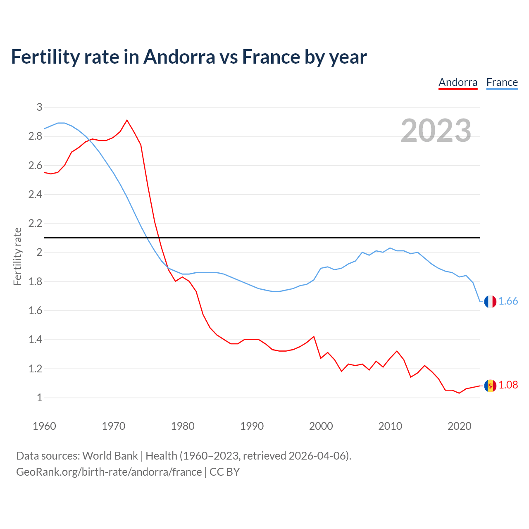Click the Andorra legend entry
[458, 82]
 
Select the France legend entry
[502, 82]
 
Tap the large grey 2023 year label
[436, 131]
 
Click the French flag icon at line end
[490, 301]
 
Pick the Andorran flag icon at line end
[490, 386]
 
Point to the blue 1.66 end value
[508, 301]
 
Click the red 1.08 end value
[508, 385]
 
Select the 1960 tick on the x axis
[44, 426]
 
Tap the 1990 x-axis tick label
[252, 426]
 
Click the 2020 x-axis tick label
[459, 426]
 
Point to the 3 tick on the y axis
[39, 107]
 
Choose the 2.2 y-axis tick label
[35, 224]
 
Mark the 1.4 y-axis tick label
[35, 340]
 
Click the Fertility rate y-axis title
[17, 256]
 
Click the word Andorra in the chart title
[179, 57]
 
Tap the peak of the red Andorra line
[127, 120]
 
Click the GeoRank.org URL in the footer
[109, 472]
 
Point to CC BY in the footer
[224, 472]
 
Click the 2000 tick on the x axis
[321, 426]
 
